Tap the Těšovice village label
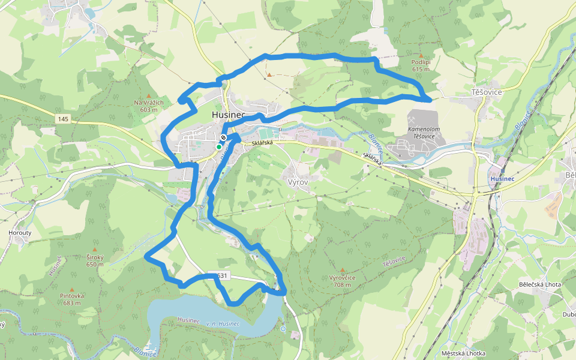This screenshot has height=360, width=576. click(x=486, y=92)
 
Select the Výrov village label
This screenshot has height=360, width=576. click(x=298, y=181)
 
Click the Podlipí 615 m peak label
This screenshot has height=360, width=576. click(x=421, y=65)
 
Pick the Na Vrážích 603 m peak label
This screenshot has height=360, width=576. click(x=148, y=106)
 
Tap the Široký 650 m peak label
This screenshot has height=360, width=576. click(x=95, y=260)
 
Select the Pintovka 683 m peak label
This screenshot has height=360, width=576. click(x=72, y=299)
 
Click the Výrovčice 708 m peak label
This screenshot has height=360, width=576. click(x=343, y=281)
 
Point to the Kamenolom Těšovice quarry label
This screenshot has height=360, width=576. click(x=425, y=132)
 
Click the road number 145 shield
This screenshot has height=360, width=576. click(x=64, y=119)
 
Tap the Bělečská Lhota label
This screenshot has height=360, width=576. click(x=539, y=284)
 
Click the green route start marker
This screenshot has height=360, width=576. click(x=219, y=146)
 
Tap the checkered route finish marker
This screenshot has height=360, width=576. click(x=223, y=138)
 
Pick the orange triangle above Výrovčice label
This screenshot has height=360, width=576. click(x=343, y=271)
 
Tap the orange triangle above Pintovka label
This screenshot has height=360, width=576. click(x=72, y=289)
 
